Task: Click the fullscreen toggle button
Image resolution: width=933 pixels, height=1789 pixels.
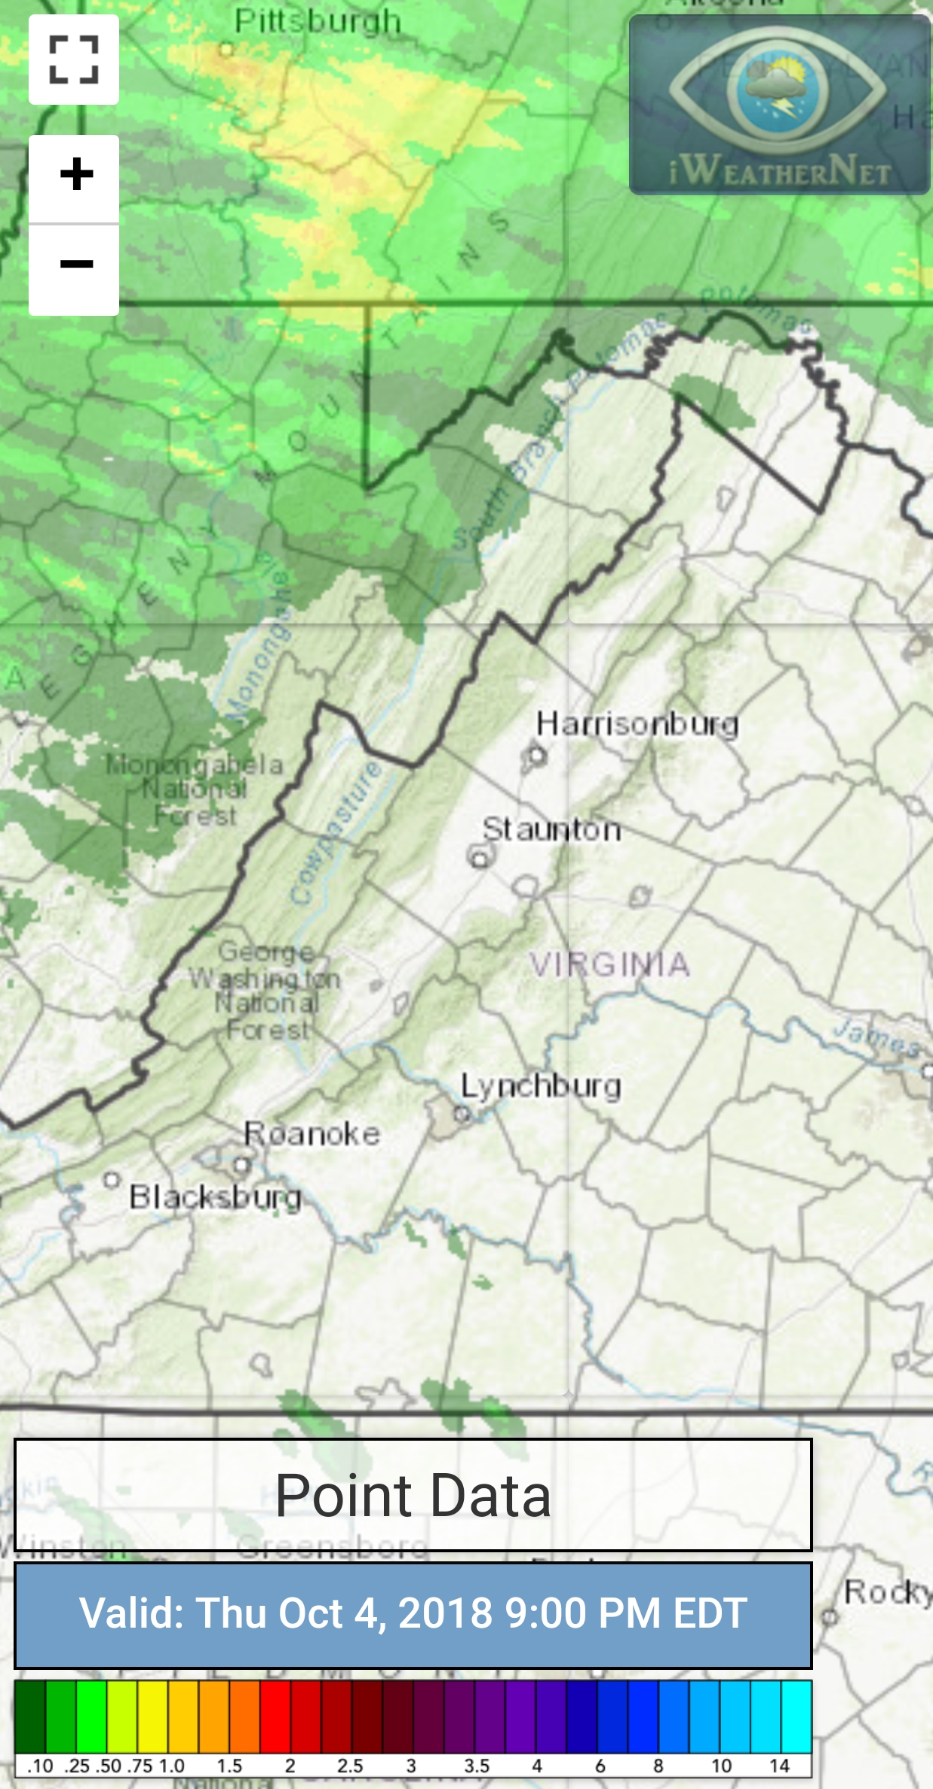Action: click(74, 60)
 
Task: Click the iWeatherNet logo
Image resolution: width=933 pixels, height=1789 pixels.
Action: click(780, 106)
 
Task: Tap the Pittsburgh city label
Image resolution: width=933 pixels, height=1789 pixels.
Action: click(318, 22)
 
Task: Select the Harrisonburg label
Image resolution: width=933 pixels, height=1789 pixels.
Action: click(637, 724)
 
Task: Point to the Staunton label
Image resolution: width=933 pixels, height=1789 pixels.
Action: click(551, 830)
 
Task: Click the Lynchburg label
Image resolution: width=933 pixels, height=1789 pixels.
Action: click(541, 1086)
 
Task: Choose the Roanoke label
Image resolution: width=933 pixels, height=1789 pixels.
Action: click(312, 1134)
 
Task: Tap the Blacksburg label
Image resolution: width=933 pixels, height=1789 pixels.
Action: click(215, 1197)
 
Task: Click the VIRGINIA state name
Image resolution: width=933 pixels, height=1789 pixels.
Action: click(609, 964)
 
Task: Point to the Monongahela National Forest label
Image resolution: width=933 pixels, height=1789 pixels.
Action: click(195, 789)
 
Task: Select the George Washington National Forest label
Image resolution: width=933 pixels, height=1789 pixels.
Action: click(265, 990)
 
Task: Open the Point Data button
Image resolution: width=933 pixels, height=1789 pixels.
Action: click(413, 1496)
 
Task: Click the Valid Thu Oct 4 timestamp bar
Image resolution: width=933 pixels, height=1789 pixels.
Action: click(413, 1614)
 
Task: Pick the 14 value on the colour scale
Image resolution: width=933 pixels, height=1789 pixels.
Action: click(779, 1766)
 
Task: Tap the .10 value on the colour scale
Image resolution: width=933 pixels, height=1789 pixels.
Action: click(40, 1766)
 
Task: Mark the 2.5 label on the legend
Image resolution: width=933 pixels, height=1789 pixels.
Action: click(350, 1766)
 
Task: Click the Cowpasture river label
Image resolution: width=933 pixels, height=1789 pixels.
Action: click(337, 833)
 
